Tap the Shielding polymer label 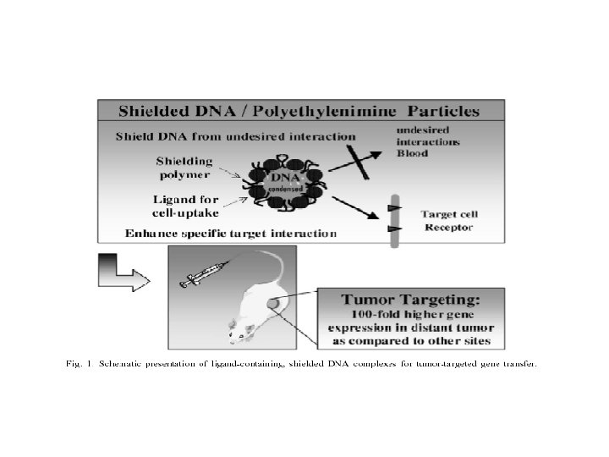click(184, 168)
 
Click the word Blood click(414, 153)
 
